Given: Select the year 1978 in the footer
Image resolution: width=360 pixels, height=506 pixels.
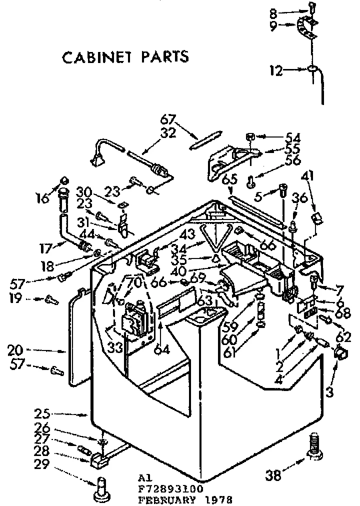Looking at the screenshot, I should tap(219, 499).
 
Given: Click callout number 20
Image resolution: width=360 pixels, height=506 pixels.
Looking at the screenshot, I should tap(41, 350).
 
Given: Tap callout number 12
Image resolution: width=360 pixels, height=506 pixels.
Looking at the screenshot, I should tap(276, 71).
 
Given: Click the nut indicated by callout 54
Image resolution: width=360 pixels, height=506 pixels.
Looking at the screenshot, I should tap(251, 136).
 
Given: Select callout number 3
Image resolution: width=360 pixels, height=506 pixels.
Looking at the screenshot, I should tap(328, 392).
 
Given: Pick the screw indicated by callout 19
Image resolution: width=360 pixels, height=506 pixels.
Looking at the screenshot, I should tap(50, 299).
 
